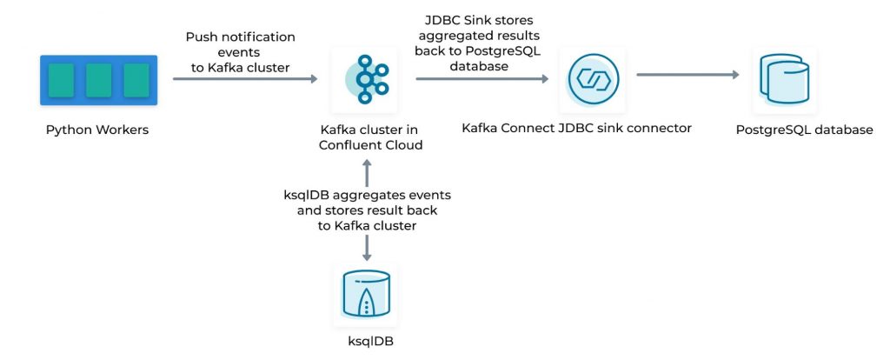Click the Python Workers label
[x=97, y=130]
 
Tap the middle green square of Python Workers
[x=98, y=80]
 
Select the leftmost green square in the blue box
[x=61, y=80]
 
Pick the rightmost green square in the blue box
[x=136, y=80]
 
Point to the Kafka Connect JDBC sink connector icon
[x=594, y=79]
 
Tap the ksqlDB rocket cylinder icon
[x=365, y=296]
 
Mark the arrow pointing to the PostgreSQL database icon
[x=687, y=75]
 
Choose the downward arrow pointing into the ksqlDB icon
[x=366, y=249]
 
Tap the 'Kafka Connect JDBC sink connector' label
[x=577, y=128]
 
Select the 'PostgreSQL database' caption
[x=803, y=130]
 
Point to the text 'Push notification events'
[x=241, y=44]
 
